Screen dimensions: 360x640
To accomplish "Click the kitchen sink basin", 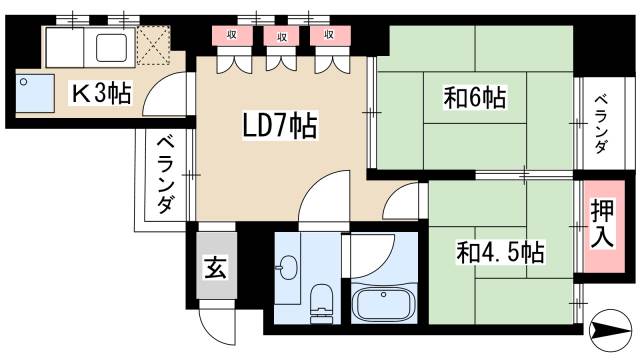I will pos(110,44).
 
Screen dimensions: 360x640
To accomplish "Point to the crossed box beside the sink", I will pos(154,45).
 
